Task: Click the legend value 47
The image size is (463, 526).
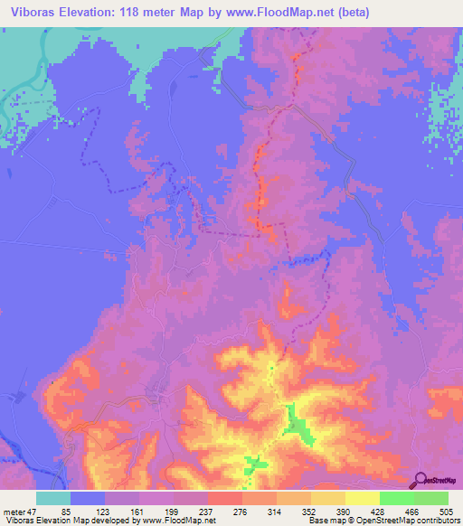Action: (33, 512)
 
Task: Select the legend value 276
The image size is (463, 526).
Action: (250, 512)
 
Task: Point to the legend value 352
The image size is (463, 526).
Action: (319, 512)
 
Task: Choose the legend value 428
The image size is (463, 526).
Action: (388, 512)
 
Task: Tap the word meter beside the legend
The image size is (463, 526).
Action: (13, 512)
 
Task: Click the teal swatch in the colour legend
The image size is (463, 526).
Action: (52, 498)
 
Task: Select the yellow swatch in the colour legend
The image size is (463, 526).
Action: (362, 498)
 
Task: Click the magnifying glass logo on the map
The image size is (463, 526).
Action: (419, 480)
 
